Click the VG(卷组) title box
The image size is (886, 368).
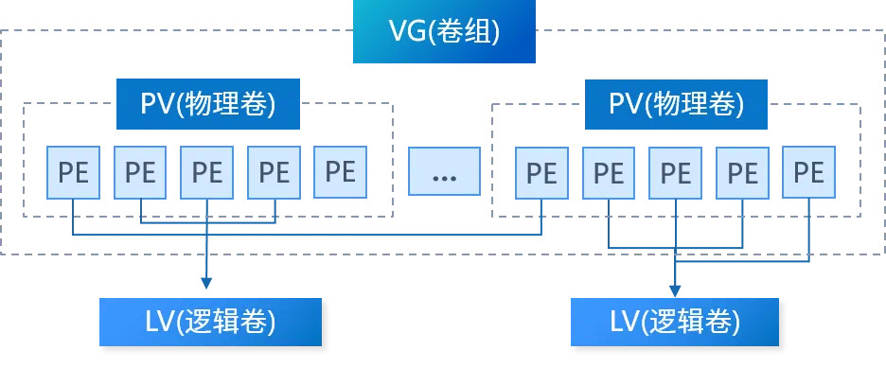[x=443, y=32]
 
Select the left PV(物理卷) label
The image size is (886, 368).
[x=207, y=104]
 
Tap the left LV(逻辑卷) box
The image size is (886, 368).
[x=210, y=322]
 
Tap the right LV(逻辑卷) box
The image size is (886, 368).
[x=674, y=322]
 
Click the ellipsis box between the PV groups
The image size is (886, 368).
[x=444, y=173]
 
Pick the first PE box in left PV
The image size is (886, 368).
[x=74, y=172]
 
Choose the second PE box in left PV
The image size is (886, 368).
[x=140, y=172]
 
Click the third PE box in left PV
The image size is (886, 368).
[x=206, y=172]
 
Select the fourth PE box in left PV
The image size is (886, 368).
[x=274, y=172]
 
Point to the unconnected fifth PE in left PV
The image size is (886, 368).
[x=340, y=171]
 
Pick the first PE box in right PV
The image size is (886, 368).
[x=541, y=173]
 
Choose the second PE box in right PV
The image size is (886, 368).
[x=609, y=173]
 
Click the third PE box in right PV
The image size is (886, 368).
[x=675, y=173]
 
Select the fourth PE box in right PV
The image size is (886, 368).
[x=742, y=173]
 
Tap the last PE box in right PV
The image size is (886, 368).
[x=808, y=172]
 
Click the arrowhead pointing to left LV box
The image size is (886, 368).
[x=206, y=282]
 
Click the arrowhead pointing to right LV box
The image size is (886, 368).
[x=675, y=289]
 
